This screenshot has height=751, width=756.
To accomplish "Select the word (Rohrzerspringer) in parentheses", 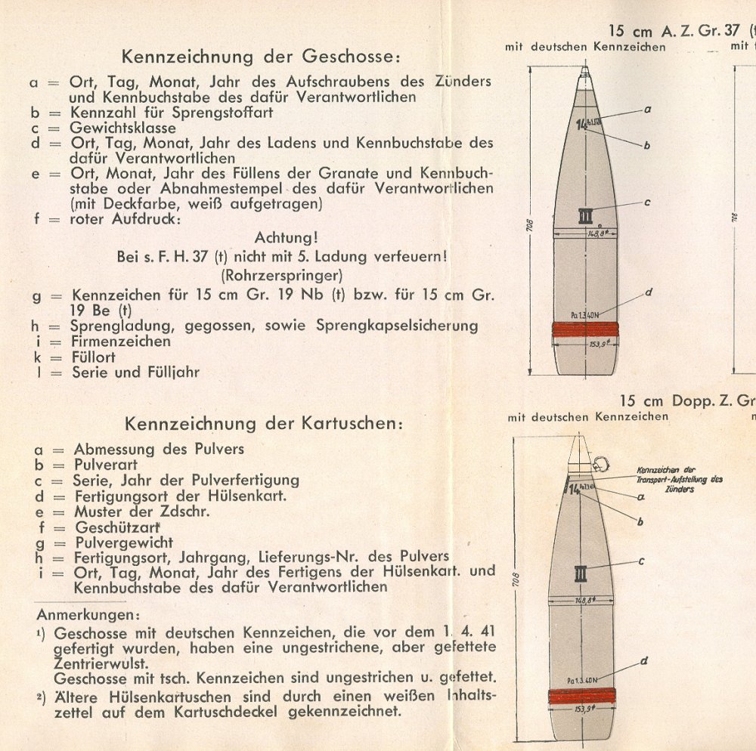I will click(281, 275).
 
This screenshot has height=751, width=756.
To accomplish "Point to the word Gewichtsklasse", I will click(123, 128).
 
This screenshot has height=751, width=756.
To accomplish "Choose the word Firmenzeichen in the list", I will click(122, 342).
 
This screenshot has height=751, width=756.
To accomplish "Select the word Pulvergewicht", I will click(124, 542).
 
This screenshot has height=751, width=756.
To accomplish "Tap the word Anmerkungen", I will click(88, 614).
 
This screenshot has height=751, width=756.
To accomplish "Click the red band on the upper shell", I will click(585, 329).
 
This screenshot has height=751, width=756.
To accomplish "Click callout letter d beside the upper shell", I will click(648, 292).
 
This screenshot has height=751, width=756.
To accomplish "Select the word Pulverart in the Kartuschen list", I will click(106, 465).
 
